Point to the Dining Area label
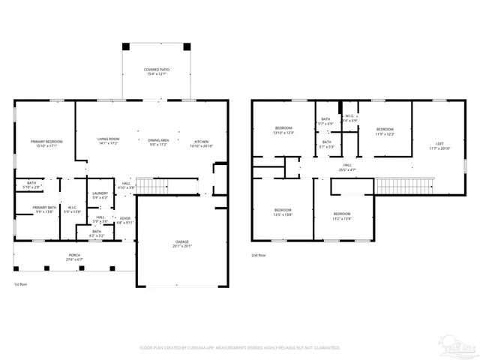click(158, 140)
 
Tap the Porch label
click(74, 257)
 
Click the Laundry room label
click(100, 195)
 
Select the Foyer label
click(125, 220)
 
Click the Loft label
click(440, 146)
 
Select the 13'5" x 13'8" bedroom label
click(282, 211)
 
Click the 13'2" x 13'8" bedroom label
click(342, 216)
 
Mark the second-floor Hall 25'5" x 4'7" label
click(347, 167)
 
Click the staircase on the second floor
click(405, 184)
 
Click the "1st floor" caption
click(21, 284)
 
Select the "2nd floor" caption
click(259, 255)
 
